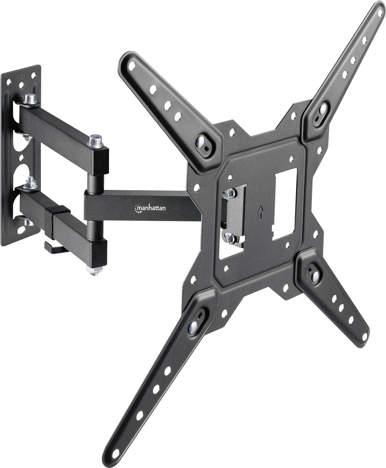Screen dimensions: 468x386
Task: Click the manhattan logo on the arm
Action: (151, 208)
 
